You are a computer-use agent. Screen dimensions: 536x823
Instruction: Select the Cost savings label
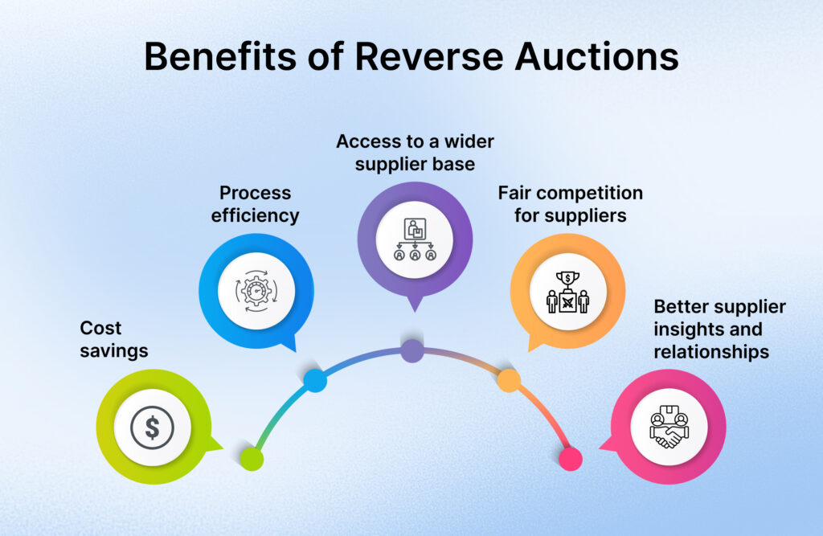114,339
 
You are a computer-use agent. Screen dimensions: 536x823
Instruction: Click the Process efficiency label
256,204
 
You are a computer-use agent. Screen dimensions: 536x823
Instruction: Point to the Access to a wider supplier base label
415,153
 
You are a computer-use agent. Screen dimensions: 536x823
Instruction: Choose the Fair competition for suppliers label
570,204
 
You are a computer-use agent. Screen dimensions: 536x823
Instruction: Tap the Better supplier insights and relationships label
719,329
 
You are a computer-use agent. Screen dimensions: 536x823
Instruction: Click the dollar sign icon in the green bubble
152,426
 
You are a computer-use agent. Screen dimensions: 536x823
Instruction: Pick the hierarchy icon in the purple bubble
415,239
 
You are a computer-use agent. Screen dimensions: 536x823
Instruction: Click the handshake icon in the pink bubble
669,427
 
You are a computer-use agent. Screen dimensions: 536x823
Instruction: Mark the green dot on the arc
252,459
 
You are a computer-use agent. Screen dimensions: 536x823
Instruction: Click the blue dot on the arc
315,380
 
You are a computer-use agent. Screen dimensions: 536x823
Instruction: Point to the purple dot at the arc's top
411,350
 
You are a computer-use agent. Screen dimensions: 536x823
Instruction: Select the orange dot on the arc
508,380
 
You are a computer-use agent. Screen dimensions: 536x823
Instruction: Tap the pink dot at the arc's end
570,459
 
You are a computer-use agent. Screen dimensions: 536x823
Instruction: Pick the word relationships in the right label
710,352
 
